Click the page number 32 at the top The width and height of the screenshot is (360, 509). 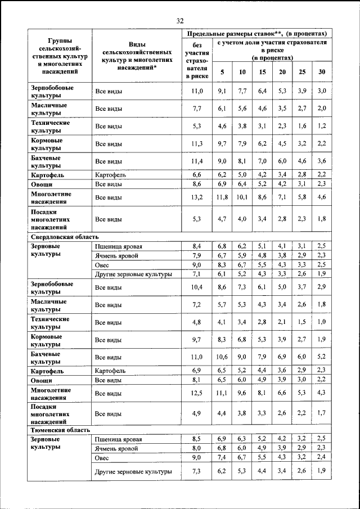pyautogui.click(x=180, y=21)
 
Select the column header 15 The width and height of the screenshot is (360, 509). pyautogui.click(x=262, y=72)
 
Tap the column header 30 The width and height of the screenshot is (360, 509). pyautogui.click(x=321, y=72)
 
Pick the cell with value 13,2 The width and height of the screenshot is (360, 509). pyautogui.click(x=197, y=197)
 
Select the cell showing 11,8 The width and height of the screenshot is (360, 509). pyautogui.click(x=222, y=197)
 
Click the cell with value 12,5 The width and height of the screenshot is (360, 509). pyautogui.click(x=197, y=393)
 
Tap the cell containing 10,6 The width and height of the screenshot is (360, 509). pyautogui.click(x=222, y=357)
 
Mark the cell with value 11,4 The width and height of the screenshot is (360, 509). pyautogui.click(x=197, y=161)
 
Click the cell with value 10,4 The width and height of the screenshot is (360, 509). pyautogui.click(x=197, y=287)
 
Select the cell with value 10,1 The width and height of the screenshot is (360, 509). pyautogui.click(x=242, y=197)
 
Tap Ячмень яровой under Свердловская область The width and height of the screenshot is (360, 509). pyautogui.click(x=117, y=256)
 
